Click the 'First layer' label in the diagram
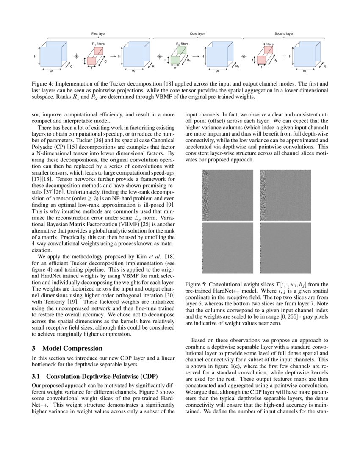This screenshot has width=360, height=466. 98,33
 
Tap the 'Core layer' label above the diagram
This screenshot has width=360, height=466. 197,33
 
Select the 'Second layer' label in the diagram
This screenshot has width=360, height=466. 284,33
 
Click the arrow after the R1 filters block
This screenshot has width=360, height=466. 113,56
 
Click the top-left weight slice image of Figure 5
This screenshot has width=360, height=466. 227,195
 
